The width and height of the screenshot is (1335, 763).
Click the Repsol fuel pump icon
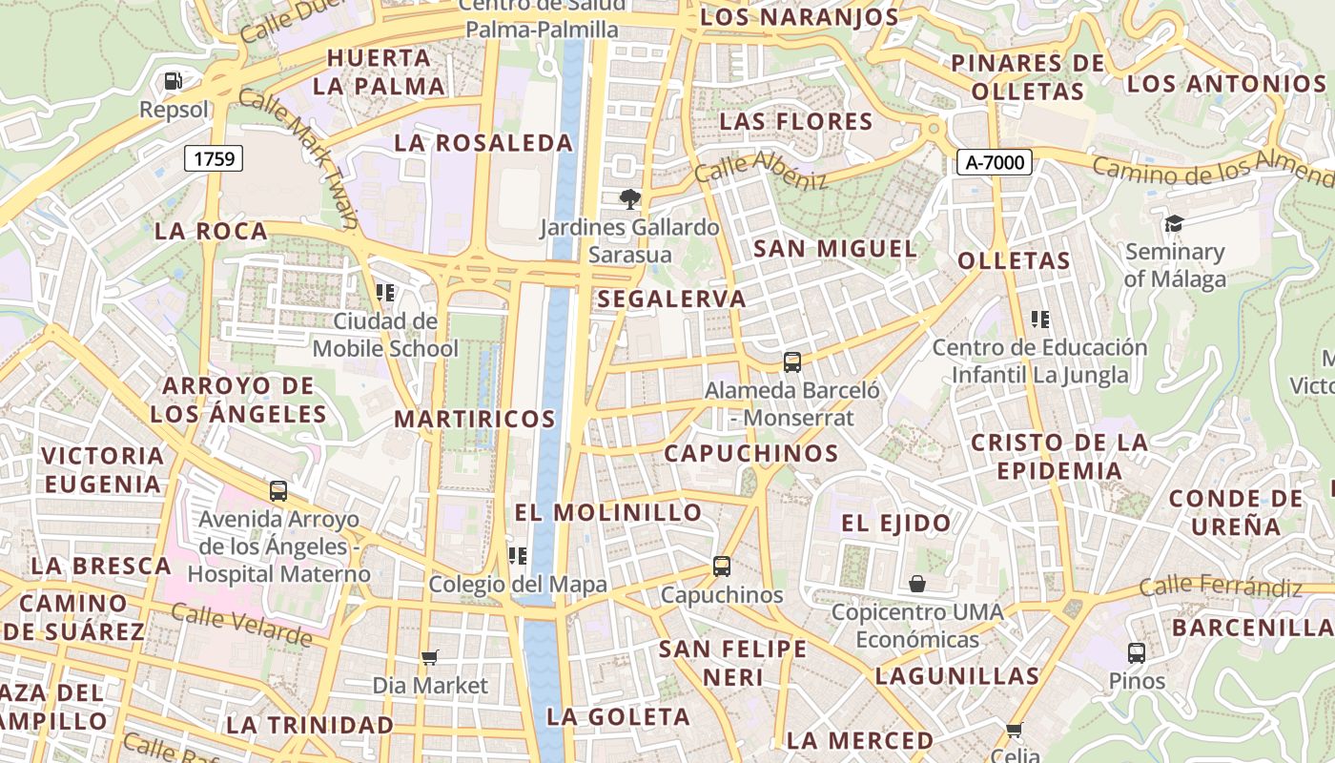pos(173,81)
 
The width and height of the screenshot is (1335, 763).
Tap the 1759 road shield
pos(214,158)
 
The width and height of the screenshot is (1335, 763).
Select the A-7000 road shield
pos(995,162)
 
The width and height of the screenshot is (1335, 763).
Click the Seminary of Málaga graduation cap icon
pos(1173,224)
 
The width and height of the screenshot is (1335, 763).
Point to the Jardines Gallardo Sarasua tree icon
pos(629,199)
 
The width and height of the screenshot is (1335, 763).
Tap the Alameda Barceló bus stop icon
pos(791,362)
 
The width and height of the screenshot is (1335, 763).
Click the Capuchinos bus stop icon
pos(722,567)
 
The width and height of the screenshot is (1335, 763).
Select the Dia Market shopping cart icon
pos(430,656)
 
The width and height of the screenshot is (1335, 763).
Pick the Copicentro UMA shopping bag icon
pos(917,583)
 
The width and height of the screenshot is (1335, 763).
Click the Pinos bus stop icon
pos(1136,653)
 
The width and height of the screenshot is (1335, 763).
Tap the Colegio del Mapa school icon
pos(518,555)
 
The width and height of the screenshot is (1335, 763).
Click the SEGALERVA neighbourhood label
pos(671,299)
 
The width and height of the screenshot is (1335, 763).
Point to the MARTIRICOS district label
pos(475,419)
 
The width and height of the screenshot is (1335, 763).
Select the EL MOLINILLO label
pos(608,512)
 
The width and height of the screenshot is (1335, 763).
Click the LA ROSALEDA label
pos(483,143)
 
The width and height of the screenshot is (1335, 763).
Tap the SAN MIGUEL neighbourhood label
pos(835,249)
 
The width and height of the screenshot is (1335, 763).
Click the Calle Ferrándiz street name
pos(1221,585)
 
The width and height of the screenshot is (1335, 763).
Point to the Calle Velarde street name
pos(241,625)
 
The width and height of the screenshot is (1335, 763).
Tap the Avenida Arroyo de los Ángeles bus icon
pos(278,491)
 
